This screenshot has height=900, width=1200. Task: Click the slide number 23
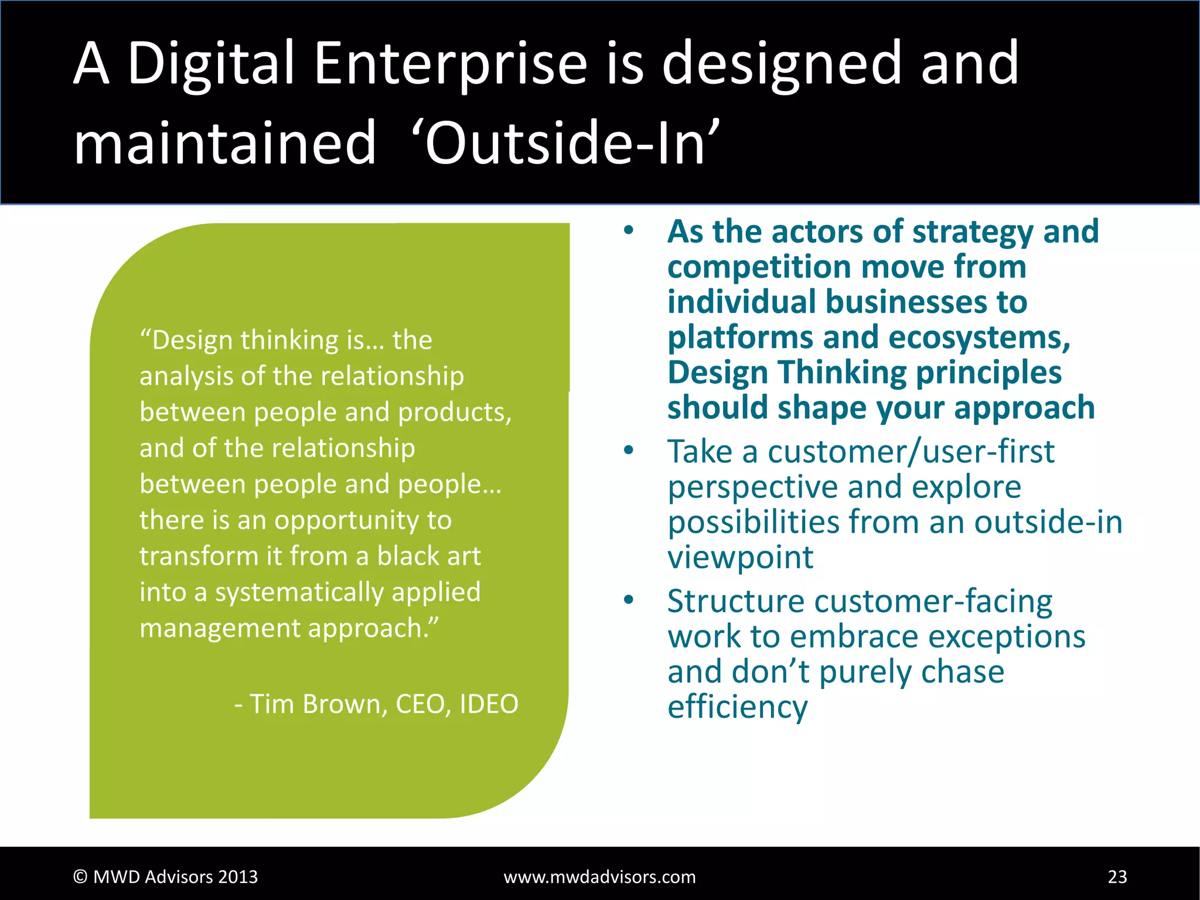point(1117,877)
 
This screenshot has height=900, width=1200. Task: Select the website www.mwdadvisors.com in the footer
point(599,877)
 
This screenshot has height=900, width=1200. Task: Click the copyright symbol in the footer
point(80,877)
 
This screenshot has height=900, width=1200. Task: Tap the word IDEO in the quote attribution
point(489,704)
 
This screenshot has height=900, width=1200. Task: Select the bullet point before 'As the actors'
point(629,230)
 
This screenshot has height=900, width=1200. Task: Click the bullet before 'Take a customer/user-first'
point(629,450)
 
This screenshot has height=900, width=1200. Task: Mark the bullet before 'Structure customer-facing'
point(629,599)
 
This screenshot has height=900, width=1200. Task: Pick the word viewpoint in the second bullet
point(740,557)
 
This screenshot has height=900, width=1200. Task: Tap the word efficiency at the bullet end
point(737,707)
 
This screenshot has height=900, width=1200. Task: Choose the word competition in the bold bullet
point(759,267)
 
